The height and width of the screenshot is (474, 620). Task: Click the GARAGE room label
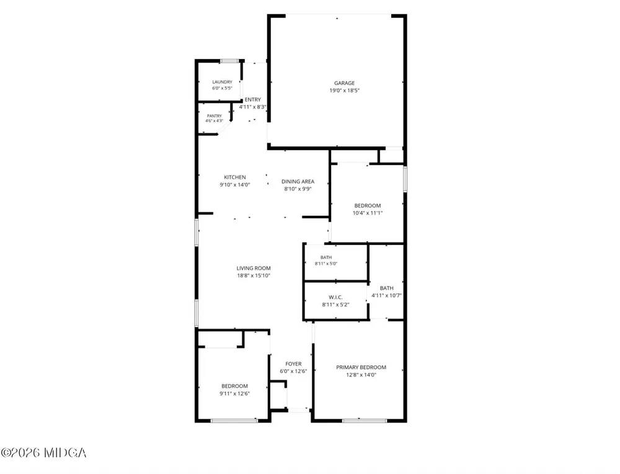pos(344,83)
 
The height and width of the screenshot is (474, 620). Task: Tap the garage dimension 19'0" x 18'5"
pos(344,91)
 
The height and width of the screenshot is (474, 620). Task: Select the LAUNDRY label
pos(222,82)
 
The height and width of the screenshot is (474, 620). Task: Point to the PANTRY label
pos(215,116)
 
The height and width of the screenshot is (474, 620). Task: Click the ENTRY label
pos(253,100)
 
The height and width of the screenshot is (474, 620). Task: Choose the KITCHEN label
pos(235,177)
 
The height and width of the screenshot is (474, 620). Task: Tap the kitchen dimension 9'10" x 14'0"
pos(235,185)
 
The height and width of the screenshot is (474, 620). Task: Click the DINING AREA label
pos(298,182)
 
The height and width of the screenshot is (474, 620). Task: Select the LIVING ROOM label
pos(254,268)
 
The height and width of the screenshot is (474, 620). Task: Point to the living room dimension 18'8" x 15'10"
pos(254,275)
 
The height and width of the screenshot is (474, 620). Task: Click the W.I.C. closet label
pos(335,297)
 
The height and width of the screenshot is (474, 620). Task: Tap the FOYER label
pos(293,364)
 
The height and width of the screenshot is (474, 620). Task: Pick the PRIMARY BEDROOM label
pos(361,367)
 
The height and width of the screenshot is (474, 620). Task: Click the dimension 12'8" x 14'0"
pos(361,375)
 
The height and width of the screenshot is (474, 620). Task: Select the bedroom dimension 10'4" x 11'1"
pos(367,213)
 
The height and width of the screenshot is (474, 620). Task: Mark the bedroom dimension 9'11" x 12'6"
pos(234,394)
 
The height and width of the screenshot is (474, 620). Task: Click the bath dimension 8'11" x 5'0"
pos(326,264)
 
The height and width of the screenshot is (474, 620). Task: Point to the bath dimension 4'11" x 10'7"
pos(386,295)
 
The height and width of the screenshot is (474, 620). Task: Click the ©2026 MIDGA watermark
pos(43,453)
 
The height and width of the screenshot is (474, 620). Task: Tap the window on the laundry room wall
pos(229,61)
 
